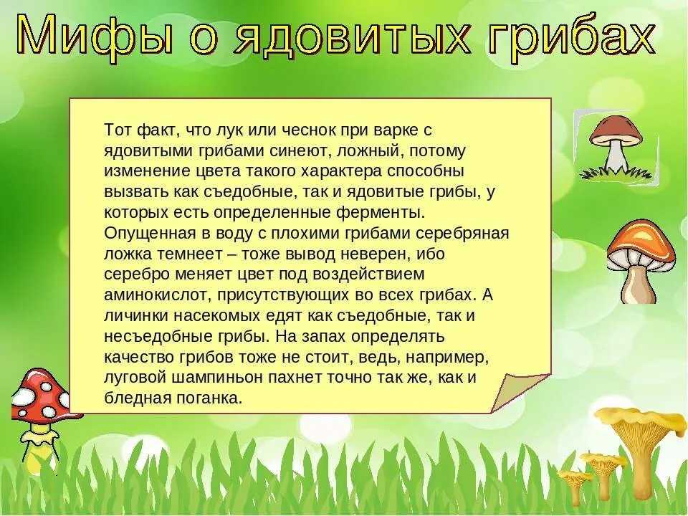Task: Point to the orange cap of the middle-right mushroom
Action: pyautogui.click(x=642, y=240)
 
